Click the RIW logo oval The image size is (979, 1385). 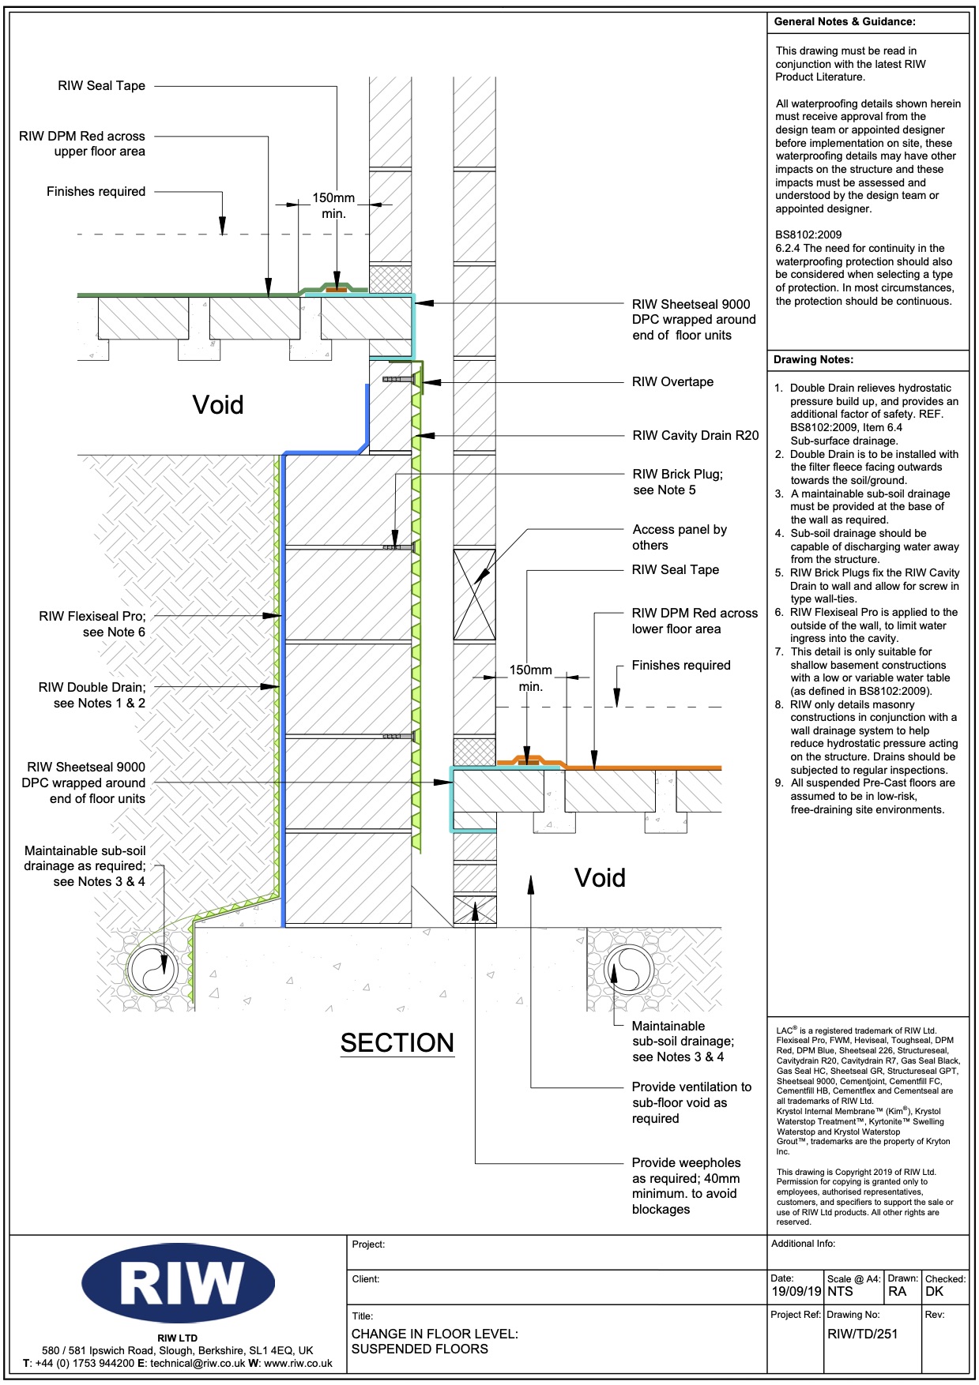(178, 1282)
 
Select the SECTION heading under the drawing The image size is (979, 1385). (397, 1043)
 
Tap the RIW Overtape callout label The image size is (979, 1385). (672, 382)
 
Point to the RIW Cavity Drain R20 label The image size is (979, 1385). (695, 435)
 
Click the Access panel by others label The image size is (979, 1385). (680, 537)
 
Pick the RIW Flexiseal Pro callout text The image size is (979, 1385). (92, 624)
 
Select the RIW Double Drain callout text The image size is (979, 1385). (92, 695)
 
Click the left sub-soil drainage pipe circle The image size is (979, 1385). (153, 970)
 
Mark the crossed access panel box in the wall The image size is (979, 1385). (474, 595)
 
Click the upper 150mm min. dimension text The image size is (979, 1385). (333, 205)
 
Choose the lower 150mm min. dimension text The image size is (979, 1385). (530, 677)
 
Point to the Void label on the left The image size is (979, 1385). (218, 405)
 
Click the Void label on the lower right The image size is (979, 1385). (600, 878)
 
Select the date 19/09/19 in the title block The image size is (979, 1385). (796, 1292)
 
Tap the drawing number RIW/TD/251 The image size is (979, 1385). (862, 1334)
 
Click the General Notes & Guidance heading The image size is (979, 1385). (845, 22)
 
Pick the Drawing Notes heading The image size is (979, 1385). (813, 360)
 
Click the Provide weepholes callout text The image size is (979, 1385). (686, 1185)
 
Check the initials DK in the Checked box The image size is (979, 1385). (934, 1292)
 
